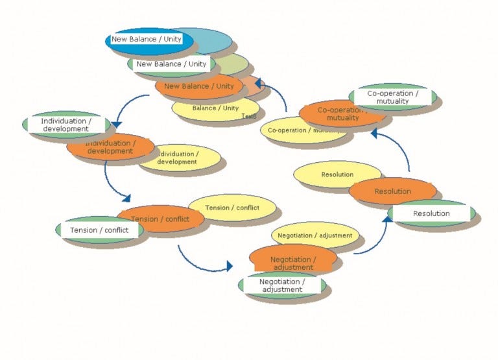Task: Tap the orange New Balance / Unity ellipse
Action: (199, 86)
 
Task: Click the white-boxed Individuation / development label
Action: (65, 125)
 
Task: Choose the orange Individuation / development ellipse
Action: (110, 147)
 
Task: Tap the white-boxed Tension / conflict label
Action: (99, 230)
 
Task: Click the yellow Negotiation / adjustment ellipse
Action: (314, 235)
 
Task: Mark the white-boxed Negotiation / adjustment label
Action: (281, 285)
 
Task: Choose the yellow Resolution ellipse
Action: (337, 174)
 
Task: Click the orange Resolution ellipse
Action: (392, 191)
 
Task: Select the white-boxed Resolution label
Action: (431, 213)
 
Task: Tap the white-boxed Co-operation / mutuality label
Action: (392, 97)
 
